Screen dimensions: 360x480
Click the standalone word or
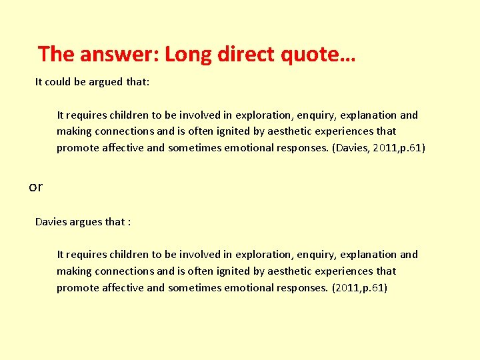[35, 187]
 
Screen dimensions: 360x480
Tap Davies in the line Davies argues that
[51, 221]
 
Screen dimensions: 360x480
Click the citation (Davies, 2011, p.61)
[378, 148]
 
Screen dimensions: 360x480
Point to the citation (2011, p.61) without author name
[359, 287]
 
